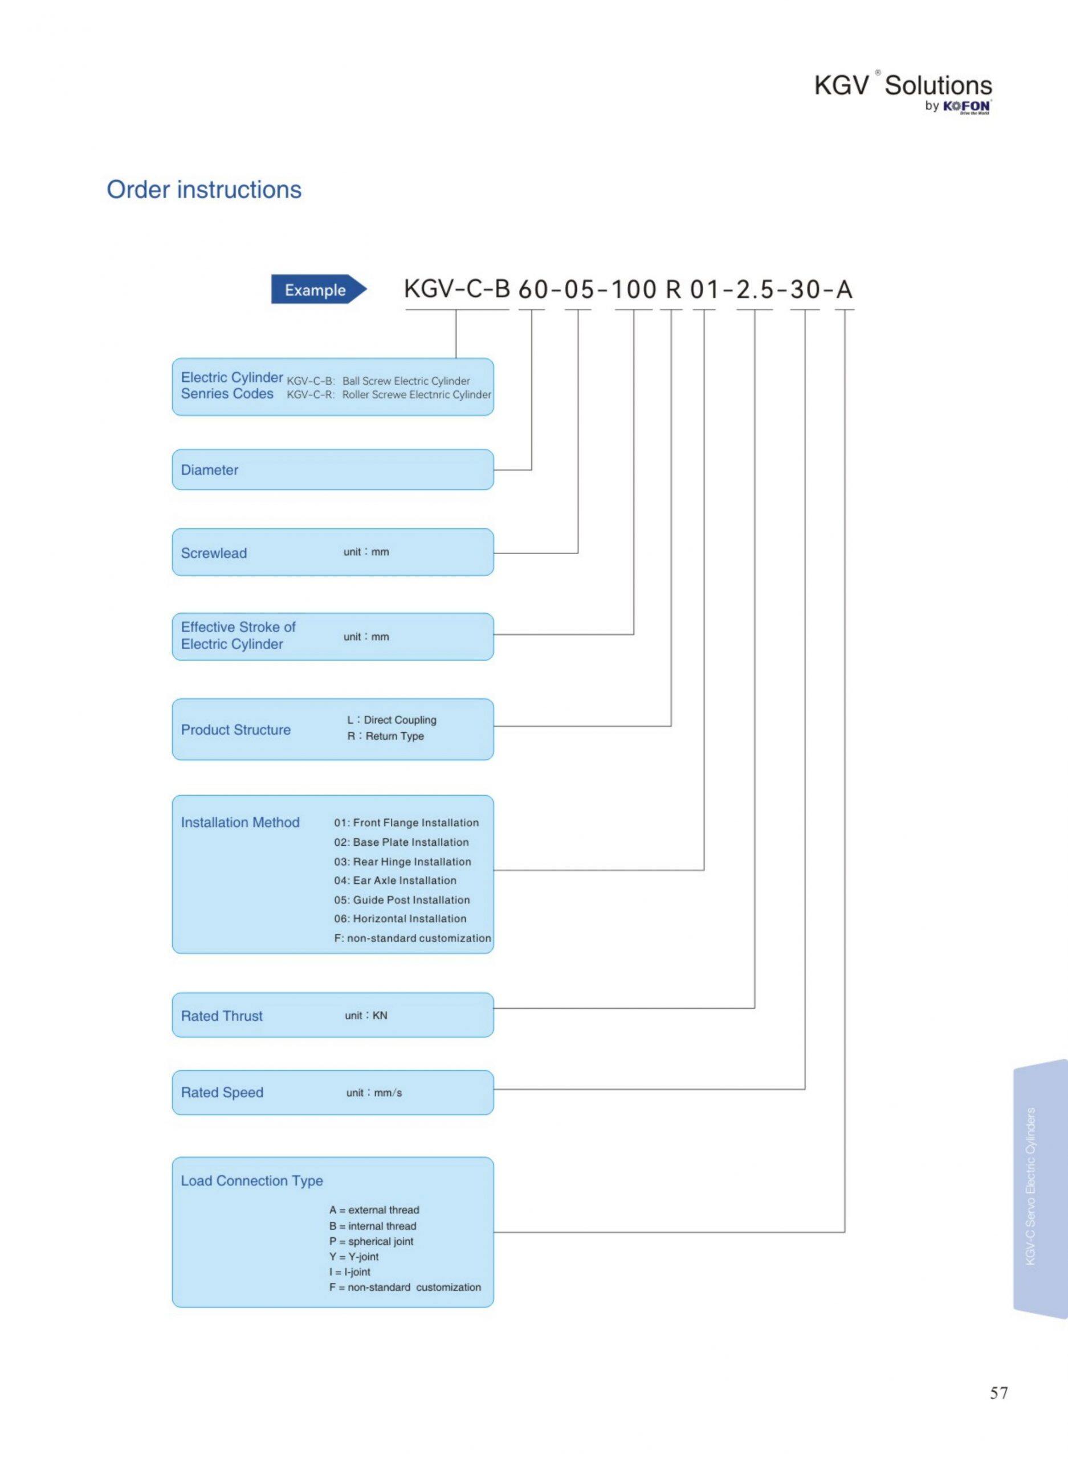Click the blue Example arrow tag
coord(319,290)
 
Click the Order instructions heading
coord(204,189)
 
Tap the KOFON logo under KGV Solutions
coord(967,107)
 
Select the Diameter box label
coord(210,470)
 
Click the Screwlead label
coord(214,553)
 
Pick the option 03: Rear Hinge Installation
coord(403,862)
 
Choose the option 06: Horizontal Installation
coord(400,919)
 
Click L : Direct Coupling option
coord(392,719)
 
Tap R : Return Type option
coord(386,736)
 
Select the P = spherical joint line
coord(371,1241)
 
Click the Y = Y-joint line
coord(354,1257)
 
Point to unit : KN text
coord(366,1015)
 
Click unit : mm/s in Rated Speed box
coord(374,1093)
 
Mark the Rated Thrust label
coord(222,1016)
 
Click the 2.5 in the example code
coord(755,289)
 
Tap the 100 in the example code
coord(634,289)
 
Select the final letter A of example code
coord(845,289)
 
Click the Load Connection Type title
coord(251,1180)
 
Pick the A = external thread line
coord(374,1209)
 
